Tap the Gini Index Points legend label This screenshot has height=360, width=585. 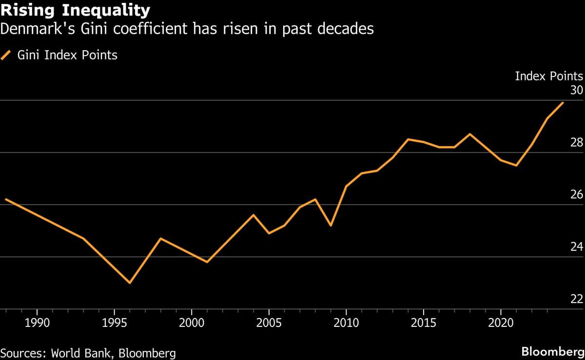[x=67, y=55]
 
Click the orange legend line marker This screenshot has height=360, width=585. [x=7, y=55]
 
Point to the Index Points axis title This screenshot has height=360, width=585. [x=548, y=76]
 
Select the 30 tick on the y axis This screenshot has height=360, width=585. [x=577, y=90]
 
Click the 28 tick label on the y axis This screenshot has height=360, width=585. [x=577, y=142]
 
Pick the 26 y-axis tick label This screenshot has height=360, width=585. [x=577, y=194]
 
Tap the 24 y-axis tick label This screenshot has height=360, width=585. [x=577, y=246]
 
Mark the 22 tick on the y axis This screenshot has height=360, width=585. [x=577, y=299]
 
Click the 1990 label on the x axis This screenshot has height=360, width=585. [x=37, y=323]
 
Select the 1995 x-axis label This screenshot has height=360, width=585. [x=114, y=323]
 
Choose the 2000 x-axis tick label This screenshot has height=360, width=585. [x=191, y=323]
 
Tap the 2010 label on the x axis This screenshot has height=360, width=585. [x=346, y=323]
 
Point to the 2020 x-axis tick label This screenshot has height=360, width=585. [x=501, y=323]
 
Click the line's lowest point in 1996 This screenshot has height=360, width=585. [x=130, y=283]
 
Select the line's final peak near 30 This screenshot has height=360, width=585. [x=563, y=103]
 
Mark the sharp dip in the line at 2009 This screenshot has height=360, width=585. [x=331, y=226]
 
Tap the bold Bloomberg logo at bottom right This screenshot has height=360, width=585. [x=552, y=352]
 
